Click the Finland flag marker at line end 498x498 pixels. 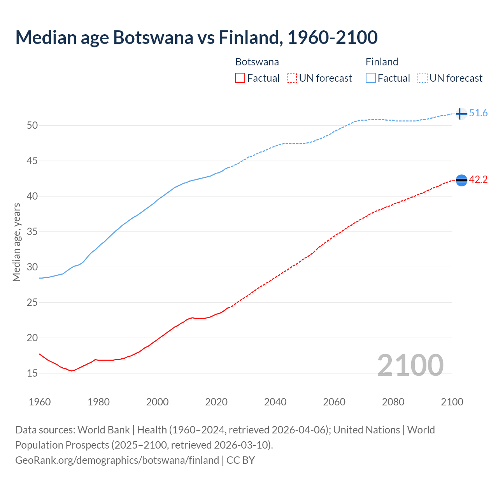point(461,114)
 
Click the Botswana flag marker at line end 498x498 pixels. point(461,180)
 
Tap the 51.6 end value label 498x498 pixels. point(478,113)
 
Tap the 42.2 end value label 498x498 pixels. point(478,180)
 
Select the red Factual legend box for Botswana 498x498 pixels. point(240,78)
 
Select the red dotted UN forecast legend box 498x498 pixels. point(292,78)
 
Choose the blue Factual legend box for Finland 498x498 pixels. point(371,78)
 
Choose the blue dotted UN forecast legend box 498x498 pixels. point(423,78)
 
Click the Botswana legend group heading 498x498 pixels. point(257,62)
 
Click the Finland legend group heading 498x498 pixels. point(382,62)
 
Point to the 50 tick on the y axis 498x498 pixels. point(32,125)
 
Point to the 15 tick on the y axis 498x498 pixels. point(32,373)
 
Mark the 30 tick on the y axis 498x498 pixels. point(32,267)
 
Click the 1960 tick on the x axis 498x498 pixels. point(40,402)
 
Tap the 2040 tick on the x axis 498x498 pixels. point(275,402)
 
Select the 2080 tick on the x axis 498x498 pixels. point(393,402)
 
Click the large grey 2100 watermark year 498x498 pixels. point(410,365)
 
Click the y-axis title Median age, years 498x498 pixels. point(16,242)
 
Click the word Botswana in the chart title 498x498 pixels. point(153,37)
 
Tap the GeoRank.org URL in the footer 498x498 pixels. point(117,460)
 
